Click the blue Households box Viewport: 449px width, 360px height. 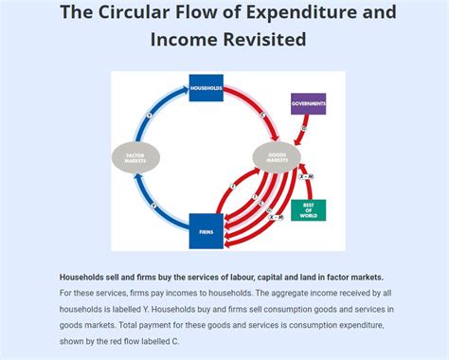tap(206, 89)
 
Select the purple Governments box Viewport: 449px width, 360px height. tap(308, 104)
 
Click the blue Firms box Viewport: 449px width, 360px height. tap(206, 231)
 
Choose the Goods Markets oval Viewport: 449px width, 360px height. tap(277, 158)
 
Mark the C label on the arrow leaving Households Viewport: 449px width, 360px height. tap(261, 115)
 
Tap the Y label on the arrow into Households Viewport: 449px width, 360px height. tap(149, 116)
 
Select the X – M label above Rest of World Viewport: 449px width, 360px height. tap(305, 176)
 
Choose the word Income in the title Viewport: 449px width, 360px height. tap(181, 40)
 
